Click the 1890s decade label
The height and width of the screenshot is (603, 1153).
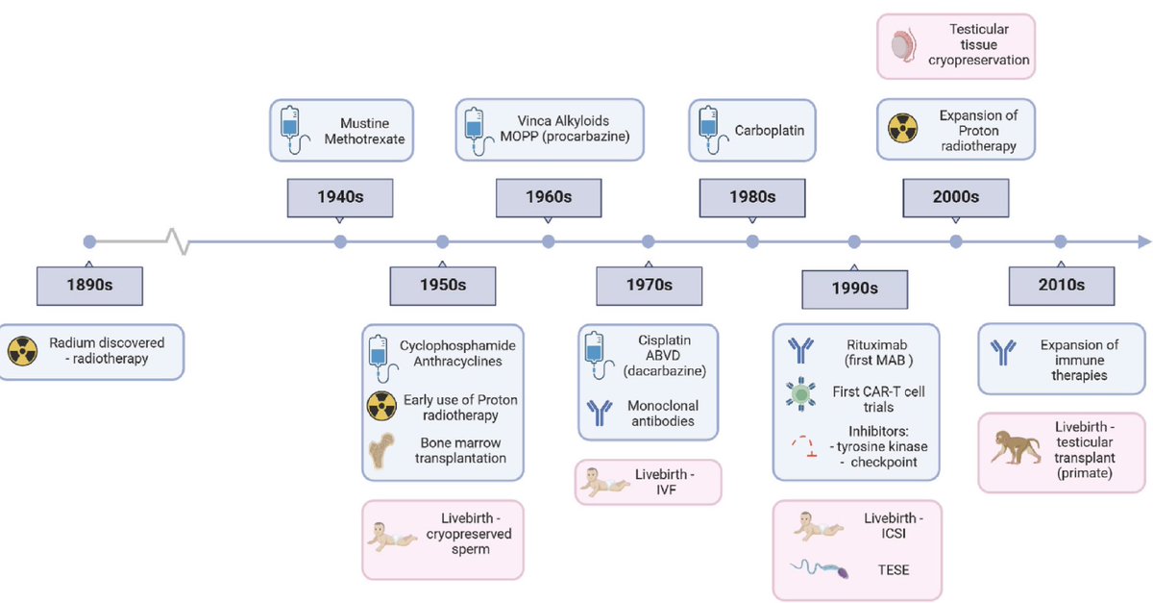tap(88, 286)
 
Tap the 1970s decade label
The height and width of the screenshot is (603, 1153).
tap(649, 286)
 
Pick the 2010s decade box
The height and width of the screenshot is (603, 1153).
tap(1061, 286)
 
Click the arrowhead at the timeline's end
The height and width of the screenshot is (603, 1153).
tap(1142, 241)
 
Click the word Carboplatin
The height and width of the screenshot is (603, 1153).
tap(770, 130)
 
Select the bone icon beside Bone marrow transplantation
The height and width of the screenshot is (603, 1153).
tap(382, 450)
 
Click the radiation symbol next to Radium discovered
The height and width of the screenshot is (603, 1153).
tap(22, 351)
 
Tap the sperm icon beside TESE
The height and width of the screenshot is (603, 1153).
tap(817, 570)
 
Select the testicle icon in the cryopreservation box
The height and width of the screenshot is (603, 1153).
tap(902, 45)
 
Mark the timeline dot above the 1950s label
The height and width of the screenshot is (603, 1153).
tap(443, 241)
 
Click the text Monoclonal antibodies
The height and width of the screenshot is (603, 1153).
tap(662, 414)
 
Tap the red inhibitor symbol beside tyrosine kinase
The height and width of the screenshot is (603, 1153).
tap(800, 444)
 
